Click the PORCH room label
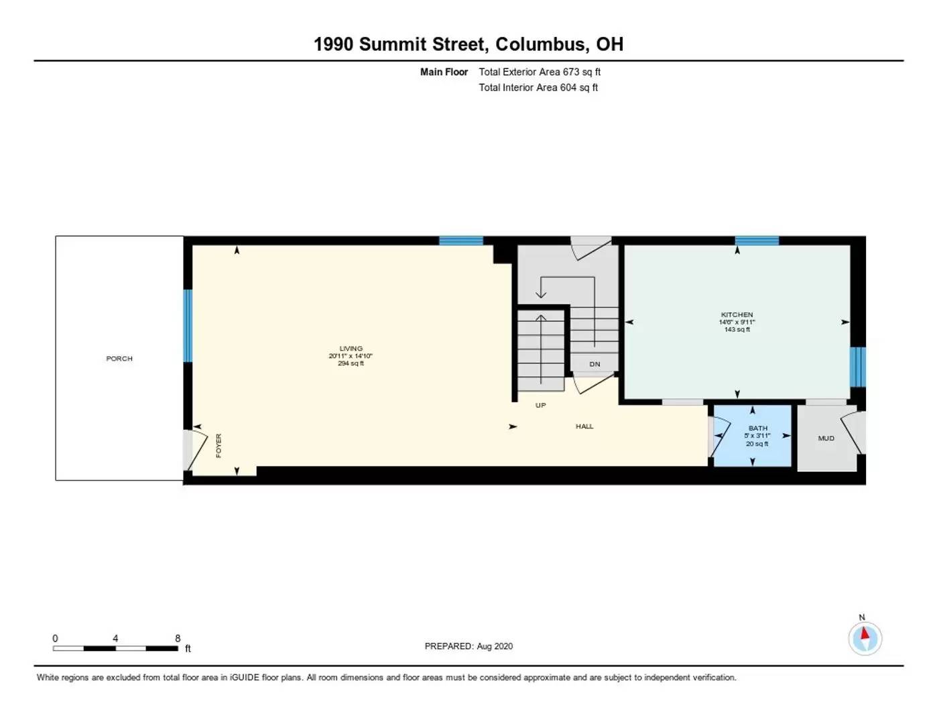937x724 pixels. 119,359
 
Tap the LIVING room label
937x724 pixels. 351,349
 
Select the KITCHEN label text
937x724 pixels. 737,314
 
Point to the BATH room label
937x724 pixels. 757,428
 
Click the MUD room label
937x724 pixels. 826,438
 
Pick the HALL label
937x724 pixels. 584,426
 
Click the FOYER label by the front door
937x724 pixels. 218,446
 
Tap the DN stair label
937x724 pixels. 595,365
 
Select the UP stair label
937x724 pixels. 540,406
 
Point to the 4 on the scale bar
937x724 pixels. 115,639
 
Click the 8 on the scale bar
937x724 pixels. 178,639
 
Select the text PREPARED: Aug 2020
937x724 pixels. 468,646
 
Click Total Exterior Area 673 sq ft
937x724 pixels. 539,72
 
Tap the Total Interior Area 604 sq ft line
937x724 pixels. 538,88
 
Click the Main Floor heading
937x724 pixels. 444,72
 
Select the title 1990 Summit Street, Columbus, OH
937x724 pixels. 468,44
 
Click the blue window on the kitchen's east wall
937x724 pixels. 857,367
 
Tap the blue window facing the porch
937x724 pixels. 188,325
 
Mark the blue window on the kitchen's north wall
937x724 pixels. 756,241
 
